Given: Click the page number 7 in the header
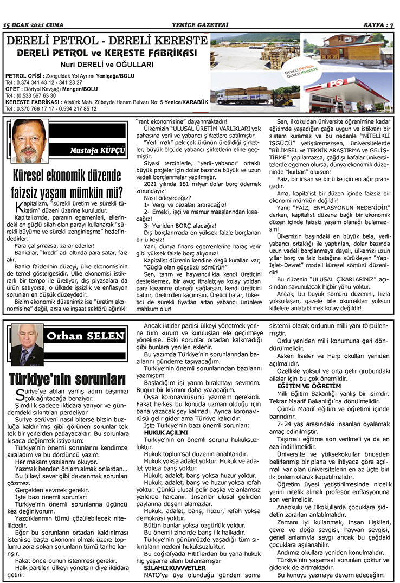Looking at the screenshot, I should click(392, 25).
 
